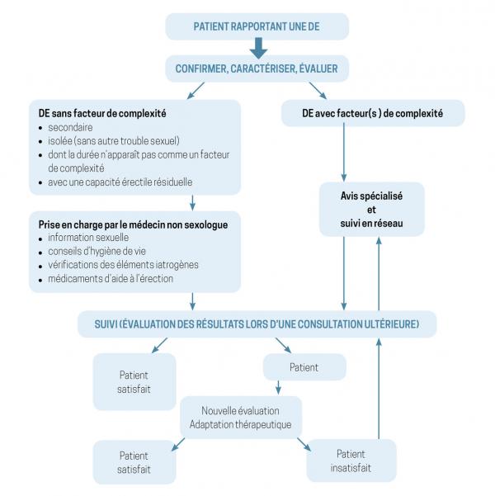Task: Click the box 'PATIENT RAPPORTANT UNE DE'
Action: pos(257,26)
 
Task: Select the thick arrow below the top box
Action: pos(256,48)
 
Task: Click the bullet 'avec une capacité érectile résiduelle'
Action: pos(120,182)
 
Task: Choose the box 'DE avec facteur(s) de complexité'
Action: pos(362,112)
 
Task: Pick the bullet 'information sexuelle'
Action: pos(92,238)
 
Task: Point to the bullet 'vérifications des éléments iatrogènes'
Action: pos(124,264)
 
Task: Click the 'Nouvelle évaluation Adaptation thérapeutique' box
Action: pos(241,418)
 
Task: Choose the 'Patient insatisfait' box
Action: pos(351,461)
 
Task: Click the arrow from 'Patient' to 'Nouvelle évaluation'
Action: pos(279,386)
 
